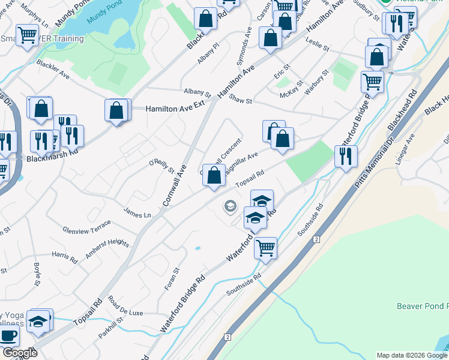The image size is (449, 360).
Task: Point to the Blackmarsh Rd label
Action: tap(53, 160)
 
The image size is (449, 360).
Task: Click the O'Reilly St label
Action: tap(161, 166)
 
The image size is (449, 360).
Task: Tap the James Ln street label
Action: tap(137, 212)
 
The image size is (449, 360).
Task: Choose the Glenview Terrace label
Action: tap(87, 227)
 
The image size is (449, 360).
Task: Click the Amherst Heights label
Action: tap(107, 248)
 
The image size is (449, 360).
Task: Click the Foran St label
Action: tap(172, 280)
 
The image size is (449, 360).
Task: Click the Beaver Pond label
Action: tap(422, 306)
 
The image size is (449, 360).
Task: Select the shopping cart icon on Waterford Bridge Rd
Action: tap(265, 247)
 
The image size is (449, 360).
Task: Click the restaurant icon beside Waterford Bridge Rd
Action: tap(345, 157)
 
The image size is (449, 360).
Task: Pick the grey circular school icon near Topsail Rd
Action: tap(229, 207)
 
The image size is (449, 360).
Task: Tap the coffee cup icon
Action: tap(8, 337)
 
